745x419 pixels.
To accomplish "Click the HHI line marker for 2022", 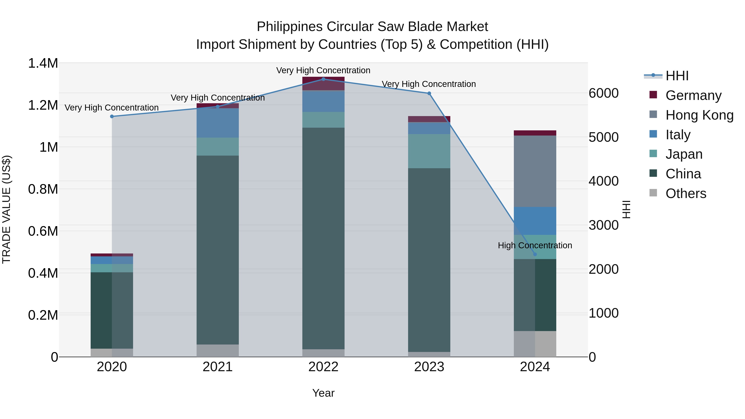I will click(x=323, y=79).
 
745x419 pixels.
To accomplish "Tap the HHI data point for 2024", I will click(x=535, y=254).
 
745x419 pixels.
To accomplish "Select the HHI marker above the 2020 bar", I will click(x=112, y=116).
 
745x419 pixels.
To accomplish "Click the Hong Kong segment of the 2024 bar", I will click(x=535, y=171).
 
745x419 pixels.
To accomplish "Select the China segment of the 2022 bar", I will click(x=323, y=238).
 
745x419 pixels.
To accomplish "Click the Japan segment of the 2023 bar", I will click(x=429, y=151).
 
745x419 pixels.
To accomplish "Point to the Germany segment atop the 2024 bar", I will click(x=535, y=133).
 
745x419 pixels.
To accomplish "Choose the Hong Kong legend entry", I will click(x=699, y=115).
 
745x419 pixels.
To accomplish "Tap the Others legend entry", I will click(x=685, y=193).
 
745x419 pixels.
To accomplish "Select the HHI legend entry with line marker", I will click(x=677, y=76).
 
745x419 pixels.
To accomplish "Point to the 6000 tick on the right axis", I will click(x=604, y=93).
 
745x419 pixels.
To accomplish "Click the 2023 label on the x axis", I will click(x=429, y=367).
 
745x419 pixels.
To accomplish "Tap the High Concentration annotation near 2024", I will click(x=535, y=245).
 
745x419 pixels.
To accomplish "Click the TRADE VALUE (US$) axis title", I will click(x=6, y=209).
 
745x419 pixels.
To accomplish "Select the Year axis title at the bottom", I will click(x=323, y=393).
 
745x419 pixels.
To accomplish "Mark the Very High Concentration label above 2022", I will click(x=323, y=70).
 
